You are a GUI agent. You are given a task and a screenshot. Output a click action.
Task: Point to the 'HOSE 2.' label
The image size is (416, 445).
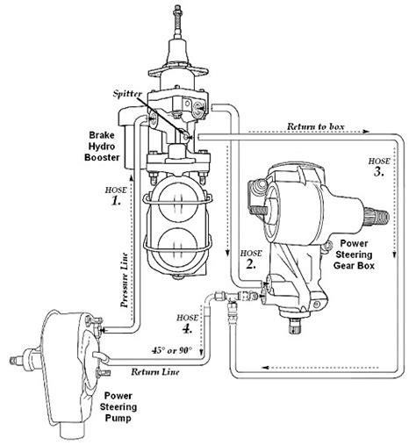tap(249, 258)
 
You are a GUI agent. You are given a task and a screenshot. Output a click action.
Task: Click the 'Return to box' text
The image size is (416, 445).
tap(315, 127)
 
